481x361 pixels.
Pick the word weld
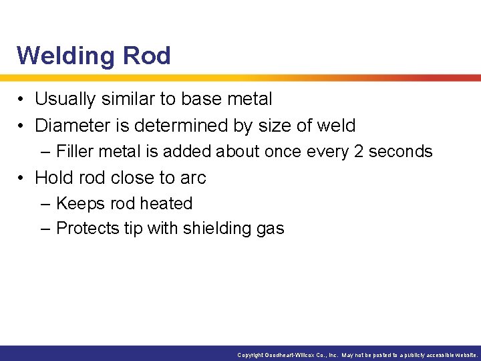335,126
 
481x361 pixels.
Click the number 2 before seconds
358,152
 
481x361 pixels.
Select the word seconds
401,152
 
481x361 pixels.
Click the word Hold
53,178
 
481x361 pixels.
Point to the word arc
194,178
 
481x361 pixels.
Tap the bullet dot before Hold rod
23,178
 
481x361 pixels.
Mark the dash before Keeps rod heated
45,204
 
